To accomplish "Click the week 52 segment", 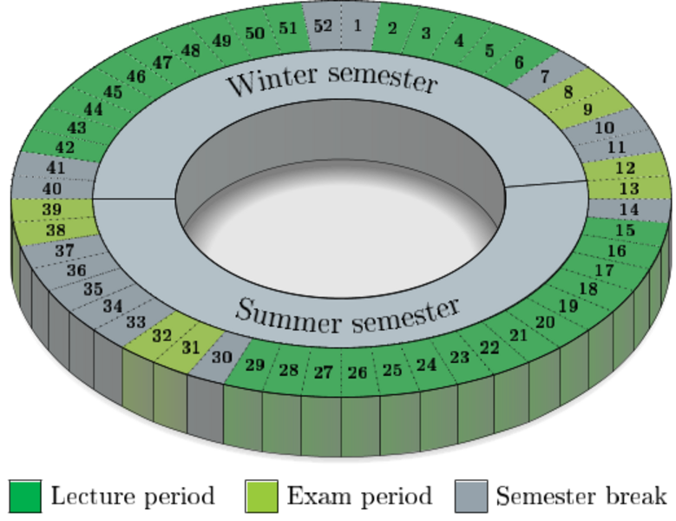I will click(x=323, y=26).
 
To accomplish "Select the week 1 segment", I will click(x=358, y=26).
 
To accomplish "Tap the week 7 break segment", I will click(x=544, y=76).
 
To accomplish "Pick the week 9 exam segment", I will click(x=587, y=109).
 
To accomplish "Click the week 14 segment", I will click(x=629, y=209).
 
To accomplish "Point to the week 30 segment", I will click(x=222, y=356).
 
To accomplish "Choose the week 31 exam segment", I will click(x=191, y=346).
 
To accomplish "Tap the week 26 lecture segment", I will click(x=358, y=373).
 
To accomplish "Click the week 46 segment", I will click(x=135, y=76).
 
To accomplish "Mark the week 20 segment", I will click(x=545, y=322).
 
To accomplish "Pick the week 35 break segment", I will click(x=93, y=288).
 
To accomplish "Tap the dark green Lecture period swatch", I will click(x=25, y=497).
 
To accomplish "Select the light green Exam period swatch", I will click(x=261, y=497).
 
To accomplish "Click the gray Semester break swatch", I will click(x=471, y=497).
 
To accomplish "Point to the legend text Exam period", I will click(x=359, y=497).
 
